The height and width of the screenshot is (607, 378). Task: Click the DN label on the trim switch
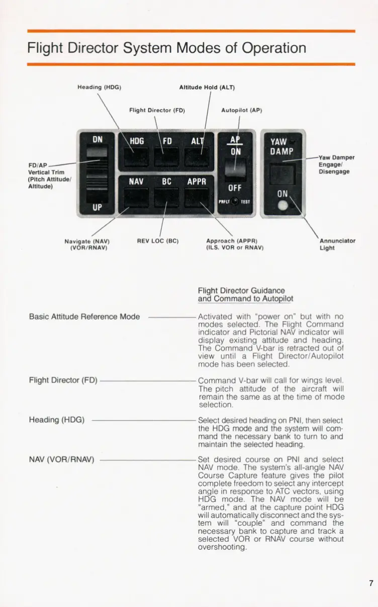98,138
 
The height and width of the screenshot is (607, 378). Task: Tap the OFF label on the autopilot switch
235,188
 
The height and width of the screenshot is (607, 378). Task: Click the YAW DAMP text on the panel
281,146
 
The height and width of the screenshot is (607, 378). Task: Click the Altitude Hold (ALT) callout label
207,87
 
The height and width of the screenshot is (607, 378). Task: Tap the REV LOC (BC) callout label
158,241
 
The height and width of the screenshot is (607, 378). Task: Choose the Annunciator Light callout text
337,244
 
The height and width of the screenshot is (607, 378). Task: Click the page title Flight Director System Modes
166,48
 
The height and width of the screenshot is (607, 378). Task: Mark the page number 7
371,583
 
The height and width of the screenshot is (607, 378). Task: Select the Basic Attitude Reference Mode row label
84,317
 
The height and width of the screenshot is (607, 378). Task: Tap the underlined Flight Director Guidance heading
246,294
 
